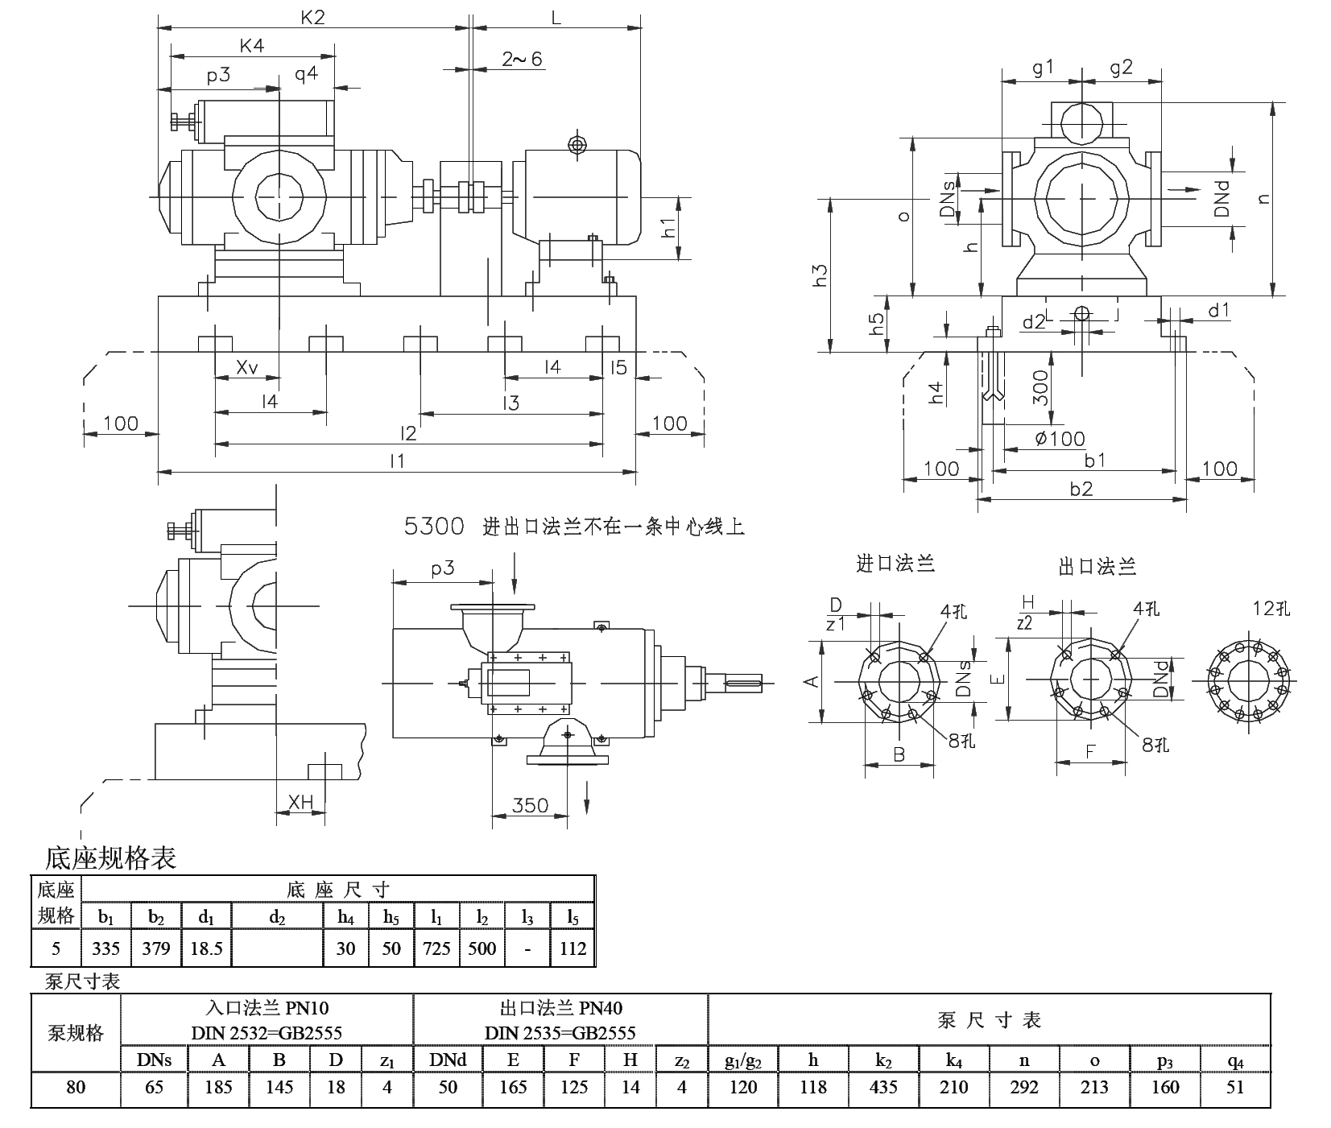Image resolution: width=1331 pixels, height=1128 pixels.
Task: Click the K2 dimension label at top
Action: pos(313,16)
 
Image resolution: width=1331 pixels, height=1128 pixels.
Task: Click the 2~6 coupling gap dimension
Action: pos(523,59)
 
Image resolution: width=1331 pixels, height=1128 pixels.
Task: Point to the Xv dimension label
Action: pos(247,367)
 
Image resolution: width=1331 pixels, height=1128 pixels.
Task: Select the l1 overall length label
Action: pos(396,461)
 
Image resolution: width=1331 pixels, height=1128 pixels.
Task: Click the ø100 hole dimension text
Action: pos(1059,440)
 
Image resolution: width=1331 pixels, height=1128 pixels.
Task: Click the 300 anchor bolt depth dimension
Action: pos(1040,388)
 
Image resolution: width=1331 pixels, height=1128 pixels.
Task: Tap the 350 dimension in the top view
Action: pos(529,805)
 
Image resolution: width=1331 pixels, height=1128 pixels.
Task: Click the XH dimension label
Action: pos(300,802)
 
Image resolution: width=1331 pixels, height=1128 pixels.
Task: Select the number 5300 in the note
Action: pos(434,527)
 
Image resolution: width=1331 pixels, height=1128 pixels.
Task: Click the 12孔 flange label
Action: pos(1271,608)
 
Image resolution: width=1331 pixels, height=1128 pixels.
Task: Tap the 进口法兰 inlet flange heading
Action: pos(895,564)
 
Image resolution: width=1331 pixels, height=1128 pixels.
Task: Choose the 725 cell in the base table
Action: pos(436,948)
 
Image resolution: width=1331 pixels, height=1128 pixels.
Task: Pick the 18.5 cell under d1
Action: pos(206,948)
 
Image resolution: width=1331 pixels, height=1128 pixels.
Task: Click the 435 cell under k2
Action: pos(883,1087)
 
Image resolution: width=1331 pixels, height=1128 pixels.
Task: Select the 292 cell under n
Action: pos(1023,1087)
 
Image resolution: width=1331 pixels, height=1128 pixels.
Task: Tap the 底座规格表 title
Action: pos(110,858)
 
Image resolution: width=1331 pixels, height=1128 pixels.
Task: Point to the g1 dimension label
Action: pos(1043,68)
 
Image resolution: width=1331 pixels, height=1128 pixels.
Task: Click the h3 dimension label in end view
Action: pos(821,275)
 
